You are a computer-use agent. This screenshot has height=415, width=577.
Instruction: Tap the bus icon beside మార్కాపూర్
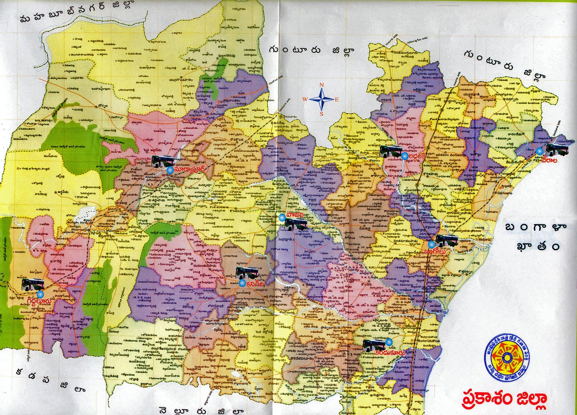tap(163, 161)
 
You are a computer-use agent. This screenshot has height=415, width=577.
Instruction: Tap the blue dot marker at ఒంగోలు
tap(431, 244)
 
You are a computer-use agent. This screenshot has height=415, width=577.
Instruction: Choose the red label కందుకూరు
tap(388, 352)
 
